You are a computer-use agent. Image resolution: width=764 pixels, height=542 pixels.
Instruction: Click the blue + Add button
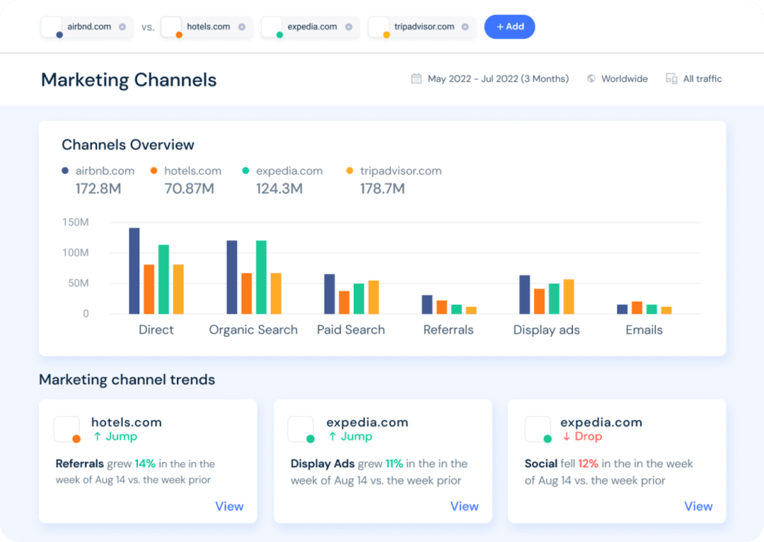click(509, 27)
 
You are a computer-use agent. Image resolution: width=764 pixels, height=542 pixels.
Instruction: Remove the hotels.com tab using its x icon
click(242, 27)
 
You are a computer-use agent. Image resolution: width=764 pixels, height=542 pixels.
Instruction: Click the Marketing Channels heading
click(129, 79)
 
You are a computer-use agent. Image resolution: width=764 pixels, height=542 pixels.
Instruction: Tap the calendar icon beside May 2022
click(417, 79)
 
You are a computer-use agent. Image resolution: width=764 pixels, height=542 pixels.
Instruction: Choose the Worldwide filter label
click(624, 79)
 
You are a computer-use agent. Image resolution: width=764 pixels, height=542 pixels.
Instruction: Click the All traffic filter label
click(702, 79)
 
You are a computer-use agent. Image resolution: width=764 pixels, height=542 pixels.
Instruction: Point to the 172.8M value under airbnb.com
click(98, 189)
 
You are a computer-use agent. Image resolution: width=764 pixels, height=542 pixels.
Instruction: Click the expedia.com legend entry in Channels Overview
click(289, 171)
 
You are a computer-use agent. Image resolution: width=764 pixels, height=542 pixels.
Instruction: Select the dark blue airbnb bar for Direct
click(134, 271)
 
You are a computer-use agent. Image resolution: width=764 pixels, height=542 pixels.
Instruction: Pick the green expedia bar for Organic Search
click(261, 277)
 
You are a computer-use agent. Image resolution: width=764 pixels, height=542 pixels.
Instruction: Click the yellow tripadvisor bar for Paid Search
click(374, 297)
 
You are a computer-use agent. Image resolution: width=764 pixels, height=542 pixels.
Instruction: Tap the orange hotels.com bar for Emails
click(637, 308)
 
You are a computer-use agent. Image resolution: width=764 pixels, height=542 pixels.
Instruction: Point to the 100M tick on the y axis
click(75, 253)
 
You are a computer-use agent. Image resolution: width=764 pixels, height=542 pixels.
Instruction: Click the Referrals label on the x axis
click(448, 330)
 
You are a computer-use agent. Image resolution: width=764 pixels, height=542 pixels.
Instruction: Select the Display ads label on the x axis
click(546, 330)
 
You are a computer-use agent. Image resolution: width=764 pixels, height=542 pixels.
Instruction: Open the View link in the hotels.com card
click(229, 506)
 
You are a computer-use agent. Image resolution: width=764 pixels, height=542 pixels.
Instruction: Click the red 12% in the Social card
click(588, 463)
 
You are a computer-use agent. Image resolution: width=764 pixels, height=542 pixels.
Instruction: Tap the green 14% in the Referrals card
click(145, 463)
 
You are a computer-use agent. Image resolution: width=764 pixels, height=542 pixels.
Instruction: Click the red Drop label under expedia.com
click(587, 436)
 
